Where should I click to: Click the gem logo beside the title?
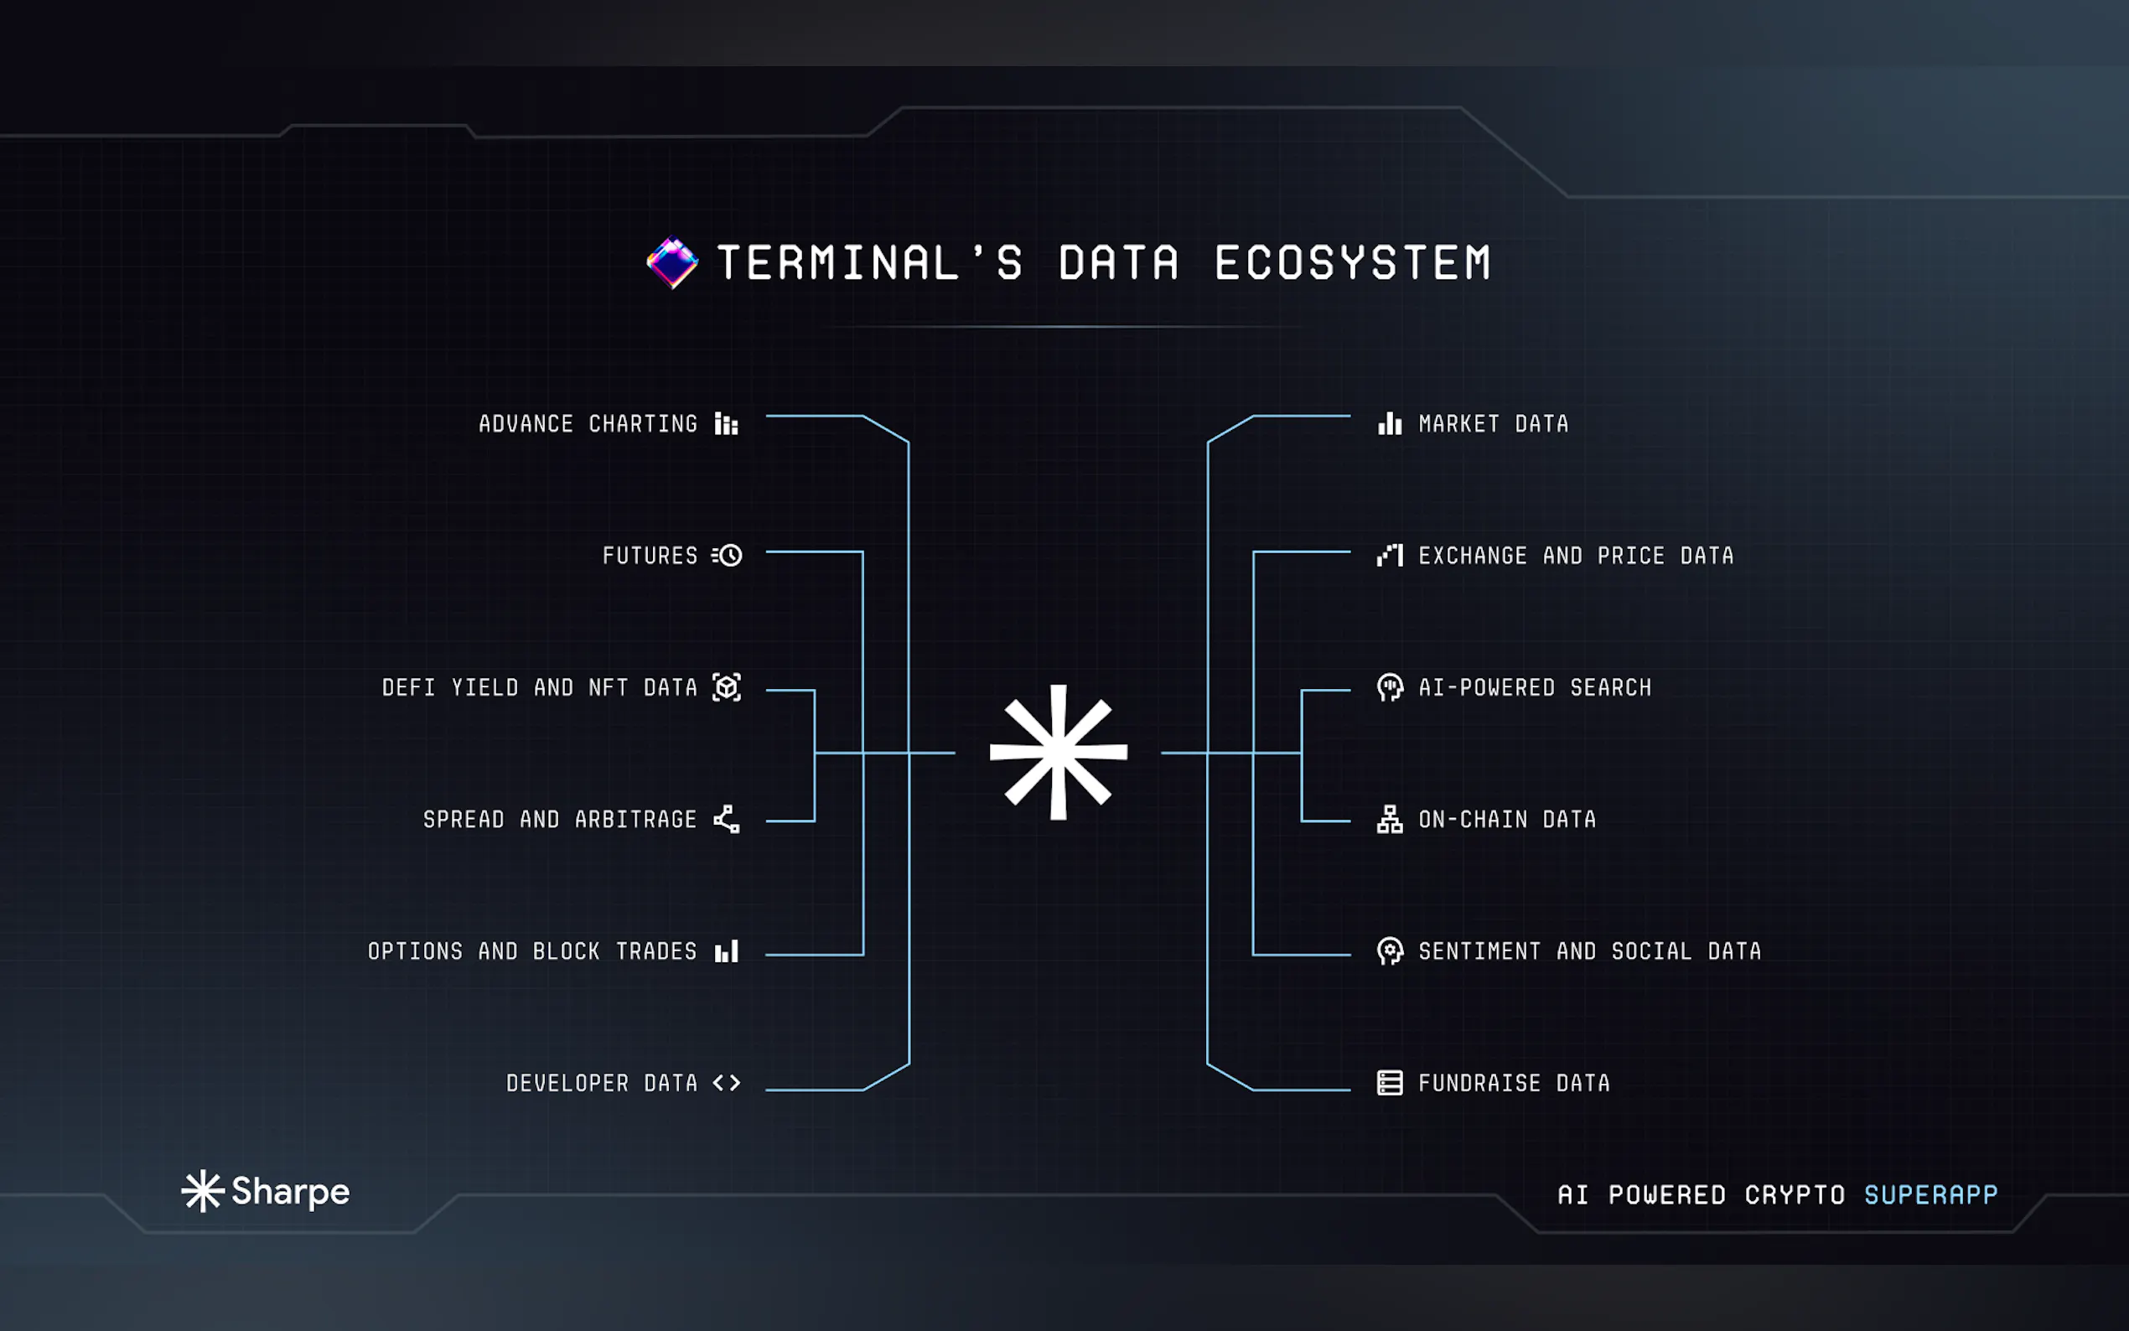coord(672,262)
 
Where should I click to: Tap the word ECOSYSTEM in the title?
coord(1353,263)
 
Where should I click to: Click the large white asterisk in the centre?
coord(1058,752)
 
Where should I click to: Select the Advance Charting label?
coord(588,424)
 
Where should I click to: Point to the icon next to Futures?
coord(727,556)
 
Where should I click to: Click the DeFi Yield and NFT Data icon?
coord(726,687)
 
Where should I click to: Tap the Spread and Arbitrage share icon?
coord(726,819)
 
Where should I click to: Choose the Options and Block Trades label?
coord(531,951)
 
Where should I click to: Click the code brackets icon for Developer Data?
coord(726,1083)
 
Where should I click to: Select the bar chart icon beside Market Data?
coord(1390,424)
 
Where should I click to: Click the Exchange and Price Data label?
coord(1576,557)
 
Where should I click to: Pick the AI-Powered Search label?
coord(1535,687)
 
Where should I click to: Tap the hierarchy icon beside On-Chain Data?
coord(1390,819)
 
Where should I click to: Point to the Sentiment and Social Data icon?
coord(1390,950)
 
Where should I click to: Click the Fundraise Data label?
coord(1514,1083)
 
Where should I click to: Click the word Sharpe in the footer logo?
coord(291,1192)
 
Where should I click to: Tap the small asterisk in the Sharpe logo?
coord(203,1191)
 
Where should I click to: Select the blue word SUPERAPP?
coord(1930,1194)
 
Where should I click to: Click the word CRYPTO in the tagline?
coord(1795,1194)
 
